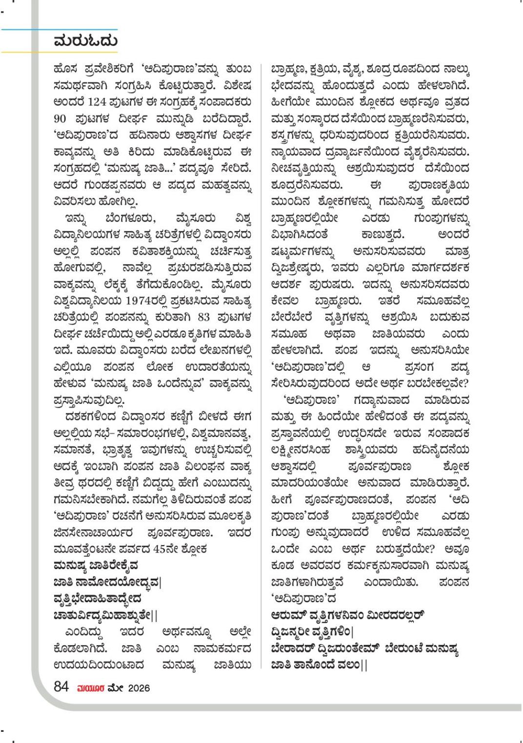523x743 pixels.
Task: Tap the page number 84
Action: click(61, 687)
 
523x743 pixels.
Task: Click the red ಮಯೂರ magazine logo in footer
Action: click(90, 688)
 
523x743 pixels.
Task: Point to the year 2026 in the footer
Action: click(139, 688)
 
